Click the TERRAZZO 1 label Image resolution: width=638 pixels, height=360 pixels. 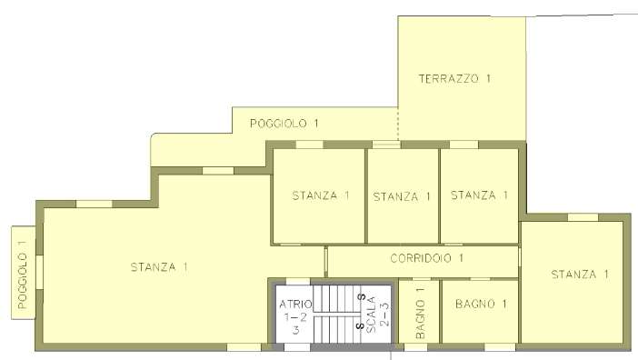[454, 78]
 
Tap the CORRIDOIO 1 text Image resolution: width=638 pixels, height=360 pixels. [427, 258]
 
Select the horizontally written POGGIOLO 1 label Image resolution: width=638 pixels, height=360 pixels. [284, 124]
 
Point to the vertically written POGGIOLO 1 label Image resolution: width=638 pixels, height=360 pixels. [23, 275]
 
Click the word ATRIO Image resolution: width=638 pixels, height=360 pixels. [295, 304]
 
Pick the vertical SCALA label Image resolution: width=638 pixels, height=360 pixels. [371, 315]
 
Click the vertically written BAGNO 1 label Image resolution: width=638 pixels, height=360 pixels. [420, 313]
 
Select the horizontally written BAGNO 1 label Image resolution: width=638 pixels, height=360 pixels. [481, 304]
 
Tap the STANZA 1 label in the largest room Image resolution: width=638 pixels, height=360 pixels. [159, 267]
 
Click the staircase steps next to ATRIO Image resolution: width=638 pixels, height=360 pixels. [337, 314]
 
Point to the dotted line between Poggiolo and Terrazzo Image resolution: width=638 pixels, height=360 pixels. [398, 124]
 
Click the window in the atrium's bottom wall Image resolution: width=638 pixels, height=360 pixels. [297, 347]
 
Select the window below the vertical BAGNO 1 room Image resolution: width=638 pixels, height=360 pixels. [416, 347]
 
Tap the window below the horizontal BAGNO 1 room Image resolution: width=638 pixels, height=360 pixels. [500, 347]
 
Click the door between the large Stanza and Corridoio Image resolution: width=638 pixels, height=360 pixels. [325, 262]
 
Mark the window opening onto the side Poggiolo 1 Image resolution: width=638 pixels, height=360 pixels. [39, 272]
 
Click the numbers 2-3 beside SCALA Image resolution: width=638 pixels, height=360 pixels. [384, 315]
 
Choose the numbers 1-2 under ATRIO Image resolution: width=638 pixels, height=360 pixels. [295, 317]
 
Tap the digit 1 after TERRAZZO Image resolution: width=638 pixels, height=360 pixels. [488, 78]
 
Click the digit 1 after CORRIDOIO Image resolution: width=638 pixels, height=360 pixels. [461, 258]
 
